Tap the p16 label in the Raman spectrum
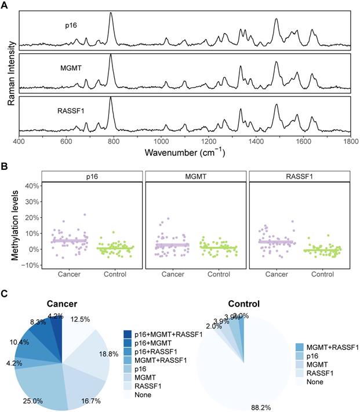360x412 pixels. [72, 25]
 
